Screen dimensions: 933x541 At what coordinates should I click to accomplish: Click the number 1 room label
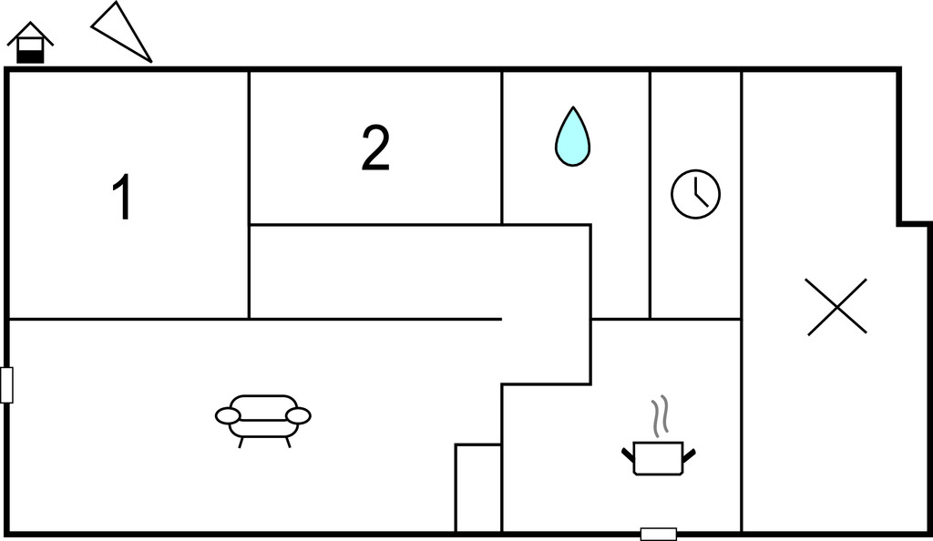pyautogui.click(x=123, y=198)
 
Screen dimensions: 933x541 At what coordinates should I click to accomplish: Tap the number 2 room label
pyautogui.click(x=375, y=148)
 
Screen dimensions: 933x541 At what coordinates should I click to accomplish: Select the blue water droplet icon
pyautogui.click(x=572, y=137)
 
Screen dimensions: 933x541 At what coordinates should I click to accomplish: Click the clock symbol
pyautogui.click(x=695, y=194)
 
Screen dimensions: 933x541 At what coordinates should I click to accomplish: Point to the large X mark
pyautogui.click(x=836, y=307)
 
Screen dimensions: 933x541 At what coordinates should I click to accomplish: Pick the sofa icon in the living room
pyautogui.click(x=263, y=420)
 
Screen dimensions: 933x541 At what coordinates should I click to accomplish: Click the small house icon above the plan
pyautogui.click(x=30, y=43)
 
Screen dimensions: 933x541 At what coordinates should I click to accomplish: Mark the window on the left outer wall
pyautogui.click(x=6, y=384)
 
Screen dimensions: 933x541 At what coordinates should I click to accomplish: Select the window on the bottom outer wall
pyautogui.click(x=659, y=534)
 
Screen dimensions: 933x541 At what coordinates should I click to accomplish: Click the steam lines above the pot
pyautogui.click(x=660, y=413)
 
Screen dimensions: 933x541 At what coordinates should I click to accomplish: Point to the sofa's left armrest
pyautogui.click(x=228, y=416)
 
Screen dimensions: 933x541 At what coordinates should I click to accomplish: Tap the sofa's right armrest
pyautogui.click(x=298, y=416)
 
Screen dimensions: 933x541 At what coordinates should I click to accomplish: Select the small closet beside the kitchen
pyautogui.click(x=478, y=487)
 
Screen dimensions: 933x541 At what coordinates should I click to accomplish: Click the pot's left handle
pyautogui.click(x=629, y=454)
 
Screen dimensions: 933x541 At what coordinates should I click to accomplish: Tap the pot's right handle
pyautogui.click(x=689, y=454)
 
